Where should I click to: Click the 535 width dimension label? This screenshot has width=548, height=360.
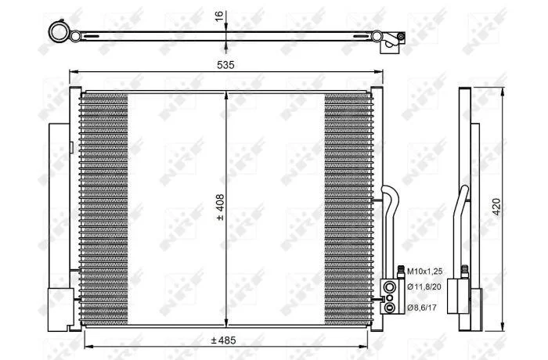225,65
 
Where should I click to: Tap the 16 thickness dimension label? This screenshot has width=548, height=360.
218,16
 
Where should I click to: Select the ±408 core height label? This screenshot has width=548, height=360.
221,207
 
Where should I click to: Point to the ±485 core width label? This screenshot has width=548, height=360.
224,340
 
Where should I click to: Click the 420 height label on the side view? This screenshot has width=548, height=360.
496,207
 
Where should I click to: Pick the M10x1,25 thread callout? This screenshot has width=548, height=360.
424,271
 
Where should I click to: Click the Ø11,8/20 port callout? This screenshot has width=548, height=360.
424,287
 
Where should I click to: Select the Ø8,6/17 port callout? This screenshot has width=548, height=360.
422,308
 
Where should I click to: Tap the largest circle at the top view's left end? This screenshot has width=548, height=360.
59,32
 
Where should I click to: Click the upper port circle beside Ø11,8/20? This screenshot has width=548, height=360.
389,287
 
